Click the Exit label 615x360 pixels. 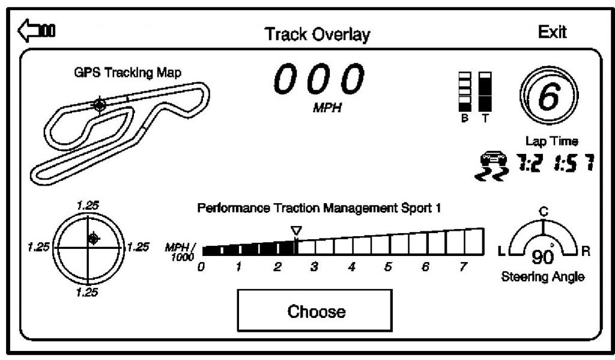tap(553, 32)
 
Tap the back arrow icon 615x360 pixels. tap(37, 30)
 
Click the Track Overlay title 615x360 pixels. tap(317, 34)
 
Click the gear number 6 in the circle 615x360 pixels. tap(548, 96)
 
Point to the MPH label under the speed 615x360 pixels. tap(327, 108)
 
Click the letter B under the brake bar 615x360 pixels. tap(465, 118)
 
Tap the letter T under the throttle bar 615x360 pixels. tap(485, 118)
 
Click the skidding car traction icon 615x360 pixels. tap(492, 165)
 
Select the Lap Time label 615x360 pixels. tap(551, 141)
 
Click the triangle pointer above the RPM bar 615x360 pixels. tap(297, 231)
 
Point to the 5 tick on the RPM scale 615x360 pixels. tap(388, 267)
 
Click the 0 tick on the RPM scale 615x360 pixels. tap(201, 267)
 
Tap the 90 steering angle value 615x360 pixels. tap(543, 257)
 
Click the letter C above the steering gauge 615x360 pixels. tap(543, 212)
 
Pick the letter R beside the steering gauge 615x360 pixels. tap(586, 251)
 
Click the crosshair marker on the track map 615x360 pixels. tap(99, 105)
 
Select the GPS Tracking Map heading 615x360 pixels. tap(128, 73)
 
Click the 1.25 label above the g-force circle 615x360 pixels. tap(88, 206)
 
